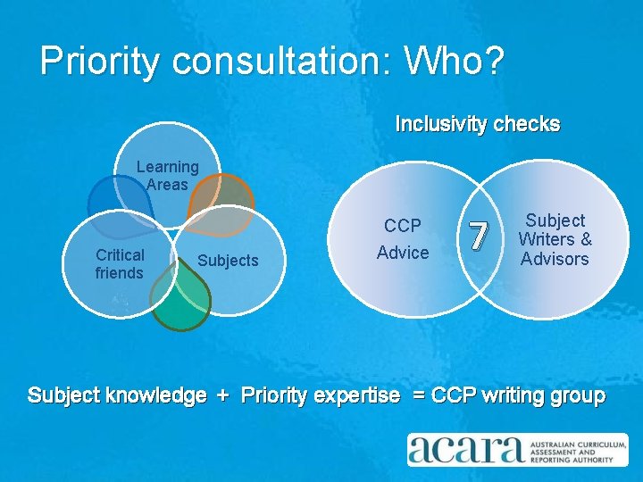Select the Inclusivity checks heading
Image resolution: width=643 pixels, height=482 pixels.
[478, 124]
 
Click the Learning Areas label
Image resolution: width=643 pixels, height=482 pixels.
[167, 176]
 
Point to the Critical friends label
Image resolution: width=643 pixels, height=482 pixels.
[120, 264]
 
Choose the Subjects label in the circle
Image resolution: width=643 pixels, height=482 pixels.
[228, 261]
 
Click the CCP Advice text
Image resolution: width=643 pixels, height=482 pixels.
[403, 239]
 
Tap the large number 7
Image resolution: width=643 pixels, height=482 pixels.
[479, 236]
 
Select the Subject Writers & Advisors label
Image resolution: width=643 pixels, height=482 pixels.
[555, 239]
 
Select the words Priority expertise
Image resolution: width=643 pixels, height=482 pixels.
[321, 395]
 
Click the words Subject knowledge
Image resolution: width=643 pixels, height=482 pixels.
[117, 395]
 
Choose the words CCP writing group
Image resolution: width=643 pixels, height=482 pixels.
[518, 395]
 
